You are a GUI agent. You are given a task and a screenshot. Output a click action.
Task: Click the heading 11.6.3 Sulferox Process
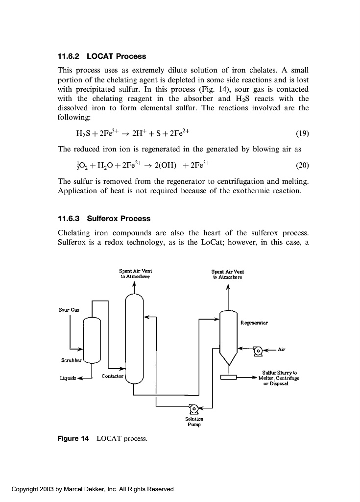tap(104, 219)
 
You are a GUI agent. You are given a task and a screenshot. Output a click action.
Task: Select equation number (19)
tap(303, 133)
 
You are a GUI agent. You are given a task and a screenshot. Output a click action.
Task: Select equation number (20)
tap(303, 165)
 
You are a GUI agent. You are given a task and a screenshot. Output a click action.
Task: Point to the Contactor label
tap(112, 376)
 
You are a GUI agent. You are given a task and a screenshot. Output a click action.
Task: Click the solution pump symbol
tap(193, 407)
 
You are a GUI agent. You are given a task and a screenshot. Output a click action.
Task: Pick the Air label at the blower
tap(281, 350)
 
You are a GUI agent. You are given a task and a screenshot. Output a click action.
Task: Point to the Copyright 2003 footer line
tap(93, 489)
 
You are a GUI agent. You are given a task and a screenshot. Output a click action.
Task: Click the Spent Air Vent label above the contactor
tap(134, 274)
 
